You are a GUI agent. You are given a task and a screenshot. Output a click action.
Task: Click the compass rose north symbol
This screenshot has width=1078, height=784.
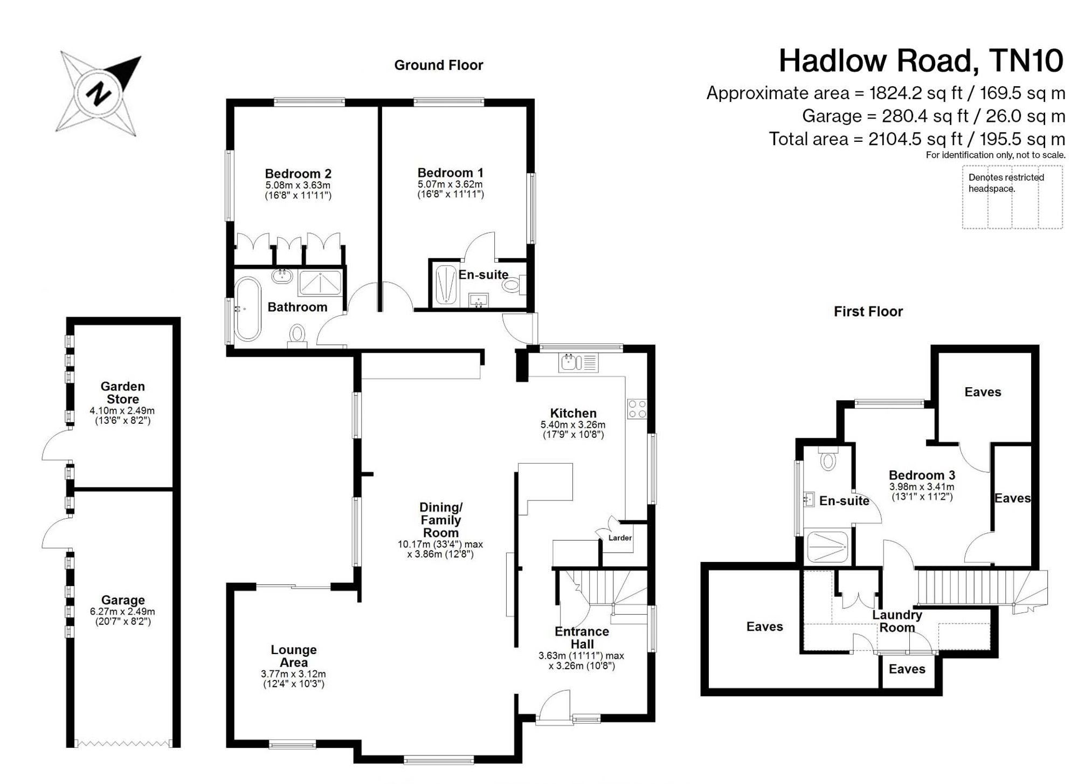click(x=98, y=93)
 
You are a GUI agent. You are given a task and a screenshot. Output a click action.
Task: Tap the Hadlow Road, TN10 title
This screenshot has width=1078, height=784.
click(x=921, y=60)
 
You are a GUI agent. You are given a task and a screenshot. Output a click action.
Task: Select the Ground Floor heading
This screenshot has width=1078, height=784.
click(x=439, y=65)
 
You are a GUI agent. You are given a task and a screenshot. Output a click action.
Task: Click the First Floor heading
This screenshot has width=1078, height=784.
click(x=868, y=312)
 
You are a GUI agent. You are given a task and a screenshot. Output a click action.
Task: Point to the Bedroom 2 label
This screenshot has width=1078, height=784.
click(x=298, y=174)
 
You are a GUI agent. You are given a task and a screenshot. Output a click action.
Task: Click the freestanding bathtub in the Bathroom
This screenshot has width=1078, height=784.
click(x=247, y=309)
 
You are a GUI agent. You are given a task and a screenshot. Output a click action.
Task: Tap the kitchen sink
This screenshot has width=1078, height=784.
click(x=579, y=363)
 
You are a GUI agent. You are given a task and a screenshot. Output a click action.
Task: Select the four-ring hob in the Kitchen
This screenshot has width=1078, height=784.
click(x=637, y=409)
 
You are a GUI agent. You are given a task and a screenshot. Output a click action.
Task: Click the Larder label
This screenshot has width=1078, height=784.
click(x=620, y=538)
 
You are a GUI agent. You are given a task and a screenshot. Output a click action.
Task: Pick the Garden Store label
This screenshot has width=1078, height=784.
click(x=123, y=393)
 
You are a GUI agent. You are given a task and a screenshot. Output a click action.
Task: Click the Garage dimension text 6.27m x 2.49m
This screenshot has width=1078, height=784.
click(x=122, y=611)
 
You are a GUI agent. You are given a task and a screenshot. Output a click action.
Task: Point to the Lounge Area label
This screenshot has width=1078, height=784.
click(x=294, y=656)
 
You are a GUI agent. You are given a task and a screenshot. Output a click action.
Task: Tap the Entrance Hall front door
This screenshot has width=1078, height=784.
click(x=553, y=705)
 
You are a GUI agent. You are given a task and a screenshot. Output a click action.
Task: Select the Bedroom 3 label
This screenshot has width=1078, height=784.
click(x=922, y=475)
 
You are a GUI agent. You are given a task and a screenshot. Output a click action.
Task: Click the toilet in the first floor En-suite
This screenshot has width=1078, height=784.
click(x=828, y=458)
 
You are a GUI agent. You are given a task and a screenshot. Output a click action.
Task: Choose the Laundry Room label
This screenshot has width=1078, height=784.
click(x=897, y=621)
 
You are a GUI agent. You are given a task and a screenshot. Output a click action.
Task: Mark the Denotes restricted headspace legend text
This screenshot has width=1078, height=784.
click(x=1006, y=183)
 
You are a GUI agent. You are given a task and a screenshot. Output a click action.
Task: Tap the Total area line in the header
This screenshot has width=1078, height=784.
click(x=917, y=139)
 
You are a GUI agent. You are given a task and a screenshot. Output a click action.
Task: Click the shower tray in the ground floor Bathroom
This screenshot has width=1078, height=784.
click(x=320, y=282)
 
